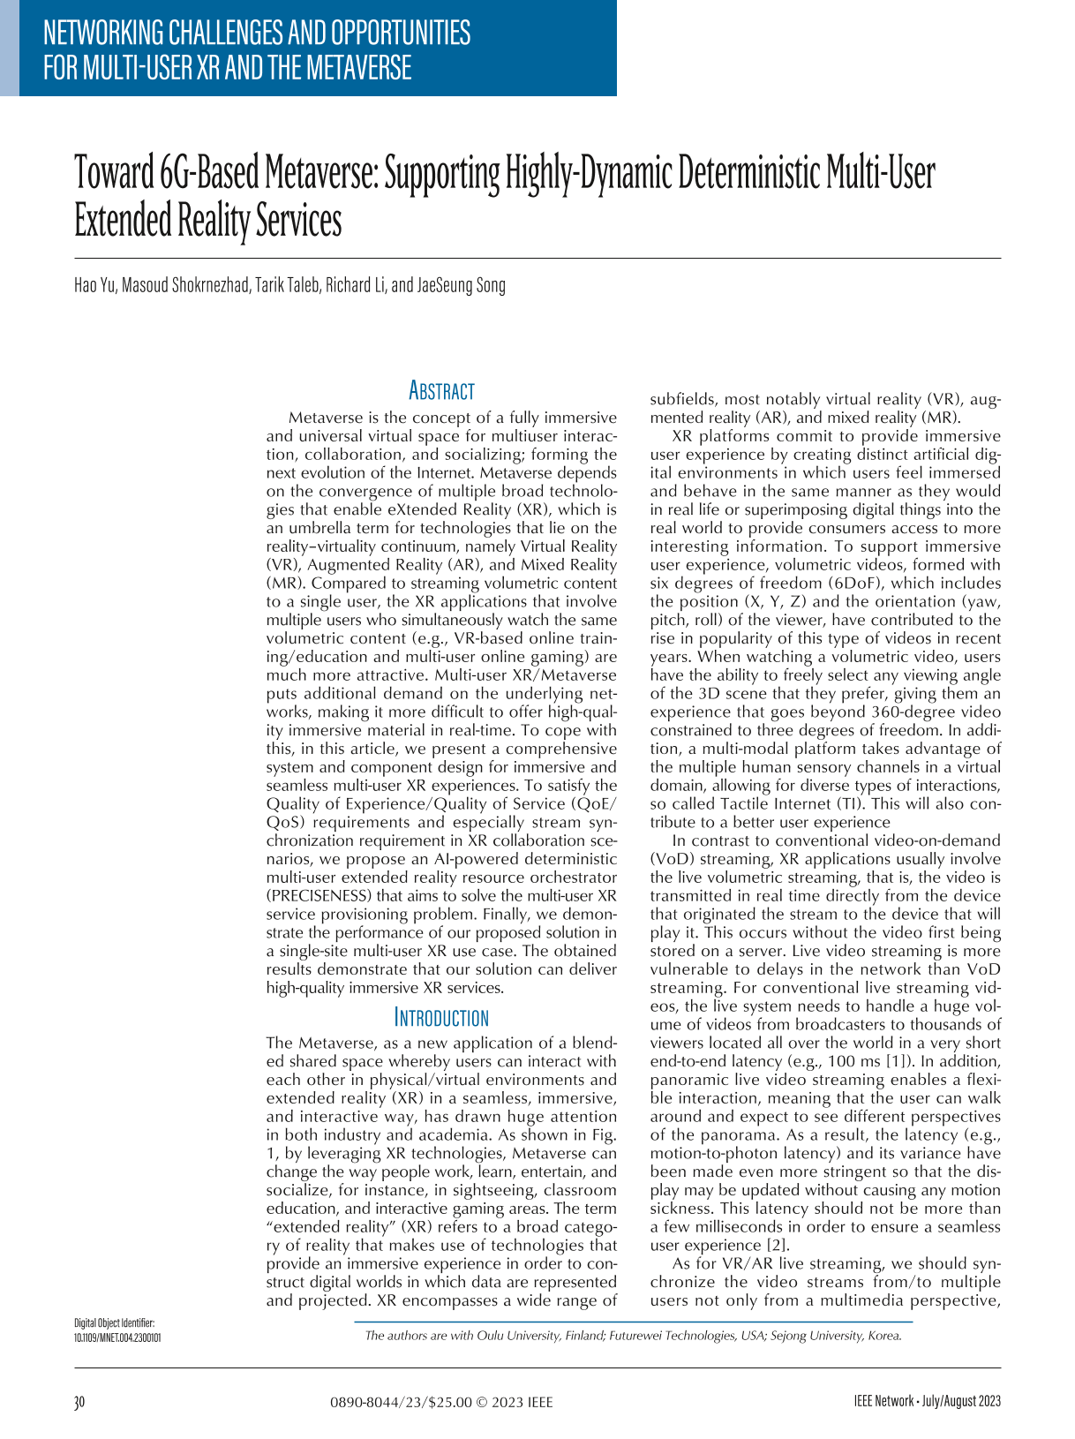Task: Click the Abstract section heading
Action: (x=441, y=391)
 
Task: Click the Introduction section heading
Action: (x=441, y=1017)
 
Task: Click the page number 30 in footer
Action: (x=79, y=1402)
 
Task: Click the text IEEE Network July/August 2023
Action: (x=927, y=1402)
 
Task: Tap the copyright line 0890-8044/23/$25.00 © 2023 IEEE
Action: (x=441, y=1402)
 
